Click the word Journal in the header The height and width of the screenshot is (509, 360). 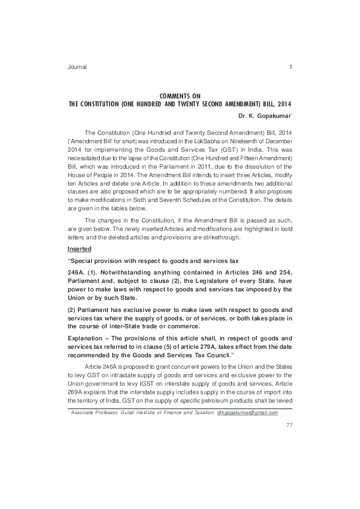tap(77, 67)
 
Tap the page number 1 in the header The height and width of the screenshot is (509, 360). tap(291, 67)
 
